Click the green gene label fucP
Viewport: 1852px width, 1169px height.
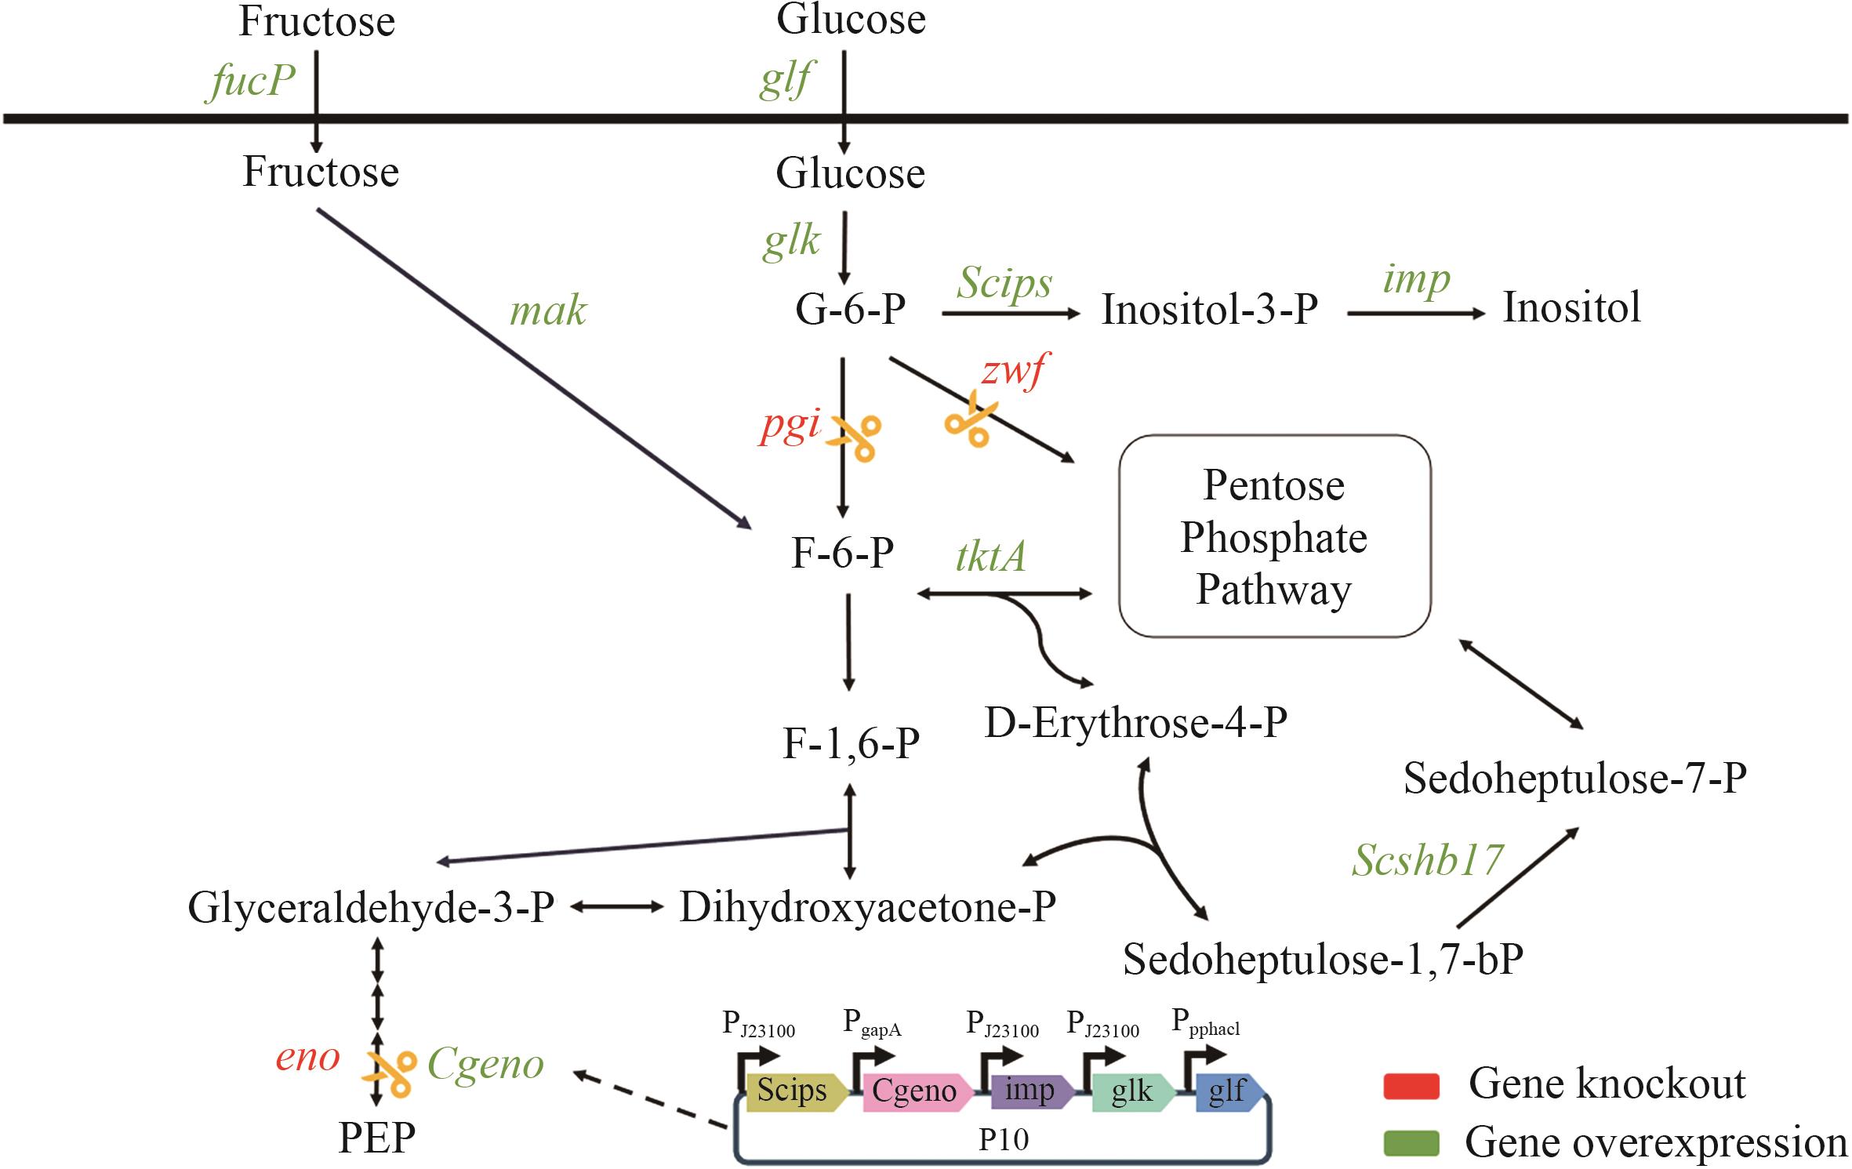(252, 80)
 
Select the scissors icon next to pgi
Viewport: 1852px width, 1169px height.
(856, 437)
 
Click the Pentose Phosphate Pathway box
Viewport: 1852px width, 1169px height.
(1274, 536)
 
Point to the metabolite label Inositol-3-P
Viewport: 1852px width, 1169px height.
(1209, 309)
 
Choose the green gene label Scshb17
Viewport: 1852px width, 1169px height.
(1427, 860)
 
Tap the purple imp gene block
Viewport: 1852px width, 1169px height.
(1030, 1091)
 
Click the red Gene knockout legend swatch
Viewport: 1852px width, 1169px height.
(1411, 1086)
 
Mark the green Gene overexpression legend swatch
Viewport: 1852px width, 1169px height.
(1411, 1144)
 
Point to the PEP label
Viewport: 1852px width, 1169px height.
(376, 1138)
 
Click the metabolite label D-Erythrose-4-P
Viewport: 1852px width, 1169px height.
(1135, 723)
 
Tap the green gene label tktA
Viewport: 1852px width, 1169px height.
(990, 557)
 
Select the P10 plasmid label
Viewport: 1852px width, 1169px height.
(1004, 1139)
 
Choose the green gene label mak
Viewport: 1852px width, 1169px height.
(548, 311)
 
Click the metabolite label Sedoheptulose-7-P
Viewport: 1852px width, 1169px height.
(1574, 779)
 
